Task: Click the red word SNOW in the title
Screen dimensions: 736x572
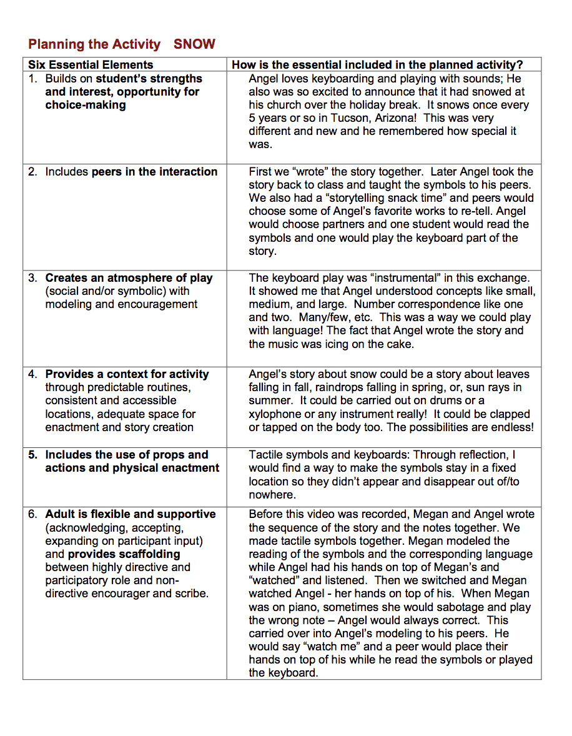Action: point(194,44)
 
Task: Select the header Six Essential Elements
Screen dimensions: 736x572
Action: point(91,64)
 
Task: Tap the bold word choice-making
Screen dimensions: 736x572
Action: point(85,105)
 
